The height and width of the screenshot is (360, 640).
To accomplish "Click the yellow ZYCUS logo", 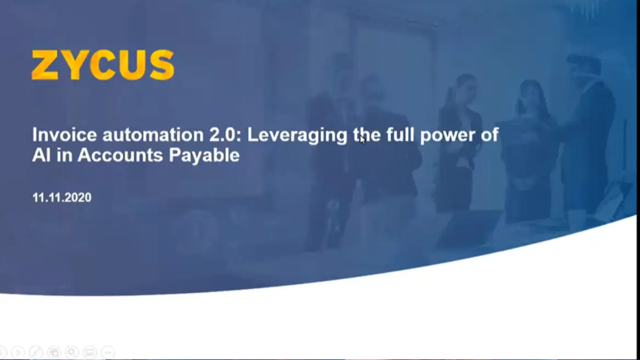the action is [103, 65].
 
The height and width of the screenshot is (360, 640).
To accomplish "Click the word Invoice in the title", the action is [65, 135].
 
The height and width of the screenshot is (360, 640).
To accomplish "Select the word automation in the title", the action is [153, 135].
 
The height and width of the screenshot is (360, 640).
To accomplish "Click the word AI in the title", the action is [41, 155].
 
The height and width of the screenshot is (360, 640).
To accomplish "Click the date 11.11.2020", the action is [62, 197].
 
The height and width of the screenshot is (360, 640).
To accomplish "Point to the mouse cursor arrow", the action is [362, 139].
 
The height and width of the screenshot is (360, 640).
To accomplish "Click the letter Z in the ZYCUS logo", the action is [45, 65].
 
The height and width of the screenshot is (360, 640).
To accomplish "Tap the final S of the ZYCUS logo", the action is [162, 65].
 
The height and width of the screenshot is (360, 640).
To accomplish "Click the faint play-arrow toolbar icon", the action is [18, 352].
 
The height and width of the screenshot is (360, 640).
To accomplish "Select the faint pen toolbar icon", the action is [36, 352].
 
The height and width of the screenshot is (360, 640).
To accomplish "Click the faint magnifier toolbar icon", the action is [72, 352].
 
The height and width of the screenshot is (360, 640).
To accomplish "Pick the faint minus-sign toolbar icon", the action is [108, 352].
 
